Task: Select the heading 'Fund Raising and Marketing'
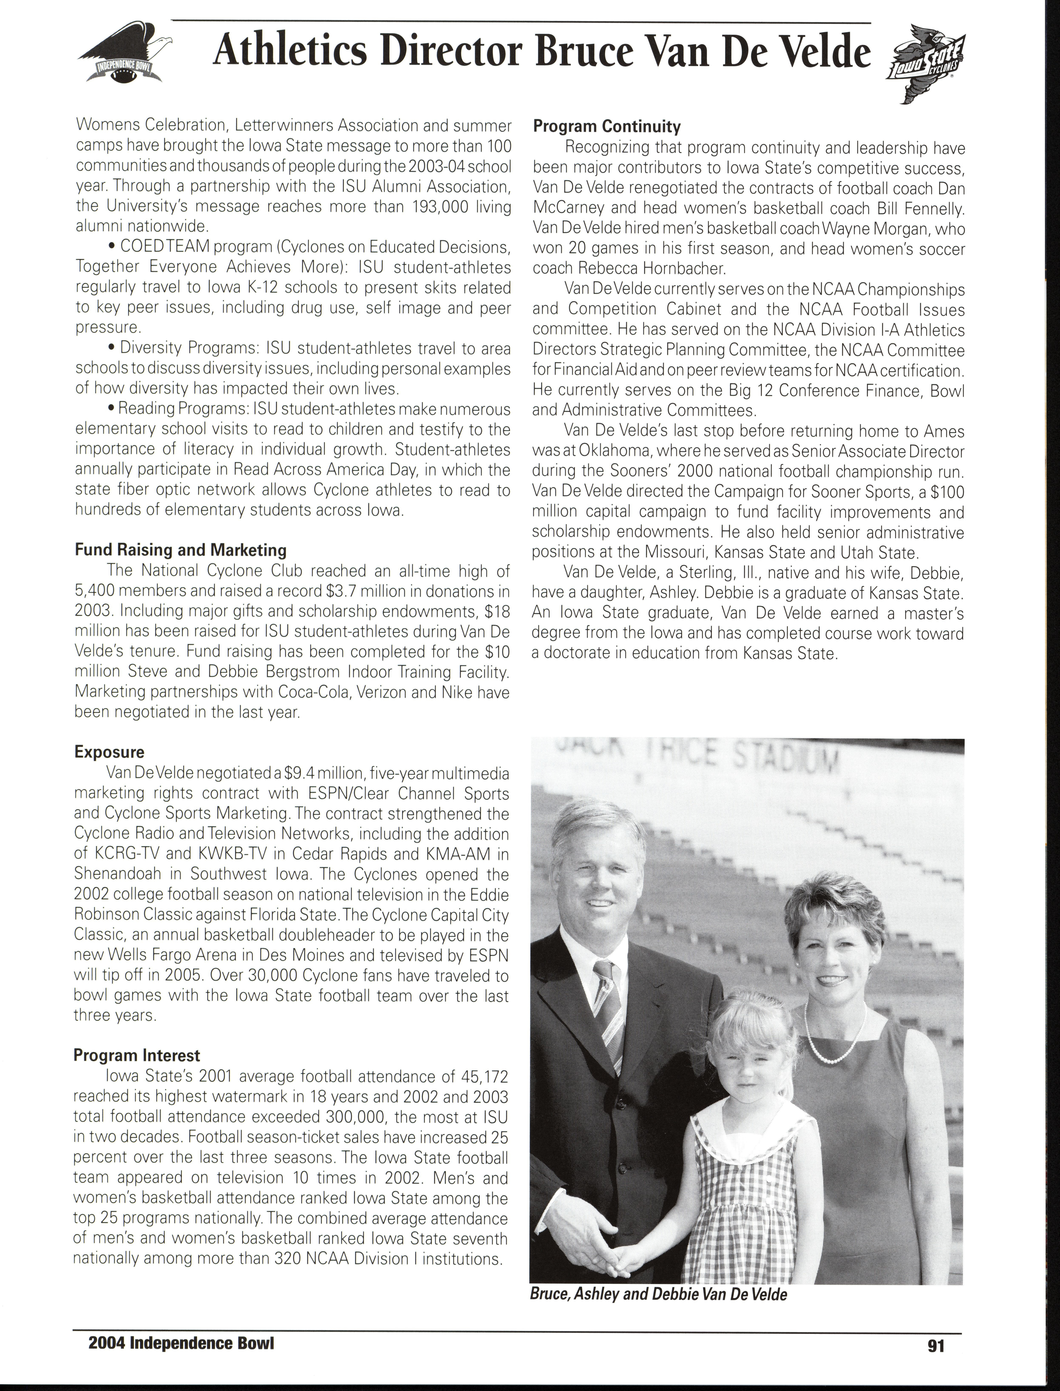click(181, 550)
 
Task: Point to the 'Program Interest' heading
click(137, 1055)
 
